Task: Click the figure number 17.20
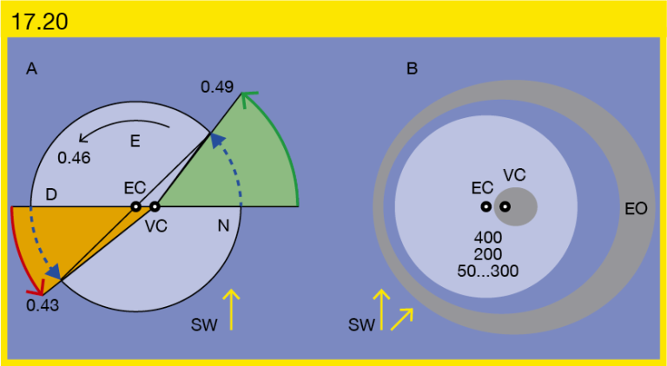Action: click(40, 21)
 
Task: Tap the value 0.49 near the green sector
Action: click(217, 87)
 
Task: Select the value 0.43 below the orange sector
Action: click(43, 305)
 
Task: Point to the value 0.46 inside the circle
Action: click(74, 158)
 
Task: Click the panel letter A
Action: click(32, 69)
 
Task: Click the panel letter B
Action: click(413, 69)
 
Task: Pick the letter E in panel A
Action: click(135, 142)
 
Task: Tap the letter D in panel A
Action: click(51, 195)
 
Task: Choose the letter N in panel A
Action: click(224, 226)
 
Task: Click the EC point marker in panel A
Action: click(135, 206)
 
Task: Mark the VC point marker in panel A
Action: click(155, 206)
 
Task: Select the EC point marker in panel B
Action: click(485, 206)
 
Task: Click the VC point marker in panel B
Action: click(505, 206)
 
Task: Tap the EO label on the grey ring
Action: click(637, 208)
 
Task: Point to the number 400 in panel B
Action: click(487, 237)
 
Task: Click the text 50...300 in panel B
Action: click(488, 271)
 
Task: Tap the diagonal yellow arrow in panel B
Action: click(402, 319)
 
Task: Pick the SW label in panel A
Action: click(204, 325)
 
